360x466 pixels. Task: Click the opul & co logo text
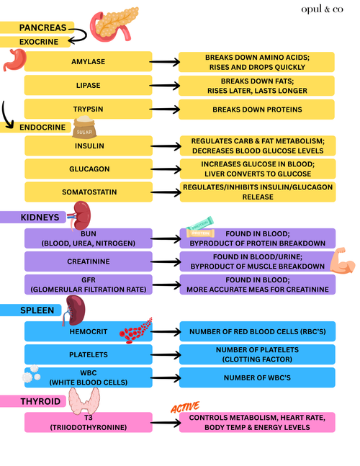pyautogui.click(x=322, y=9)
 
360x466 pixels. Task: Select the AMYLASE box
pyautogui.click(x=89, y=61)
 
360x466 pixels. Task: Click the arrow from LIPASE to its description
pyautogui.click(x=165, y=86)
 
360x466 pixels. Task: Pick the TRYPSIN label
pyautogui.click(x=89, y=109)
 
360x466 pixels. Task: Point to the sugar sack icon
pyautogui.click(x=84, y=127)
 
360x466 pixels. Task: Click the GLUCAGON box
pyautogui.click(x=89, y=169)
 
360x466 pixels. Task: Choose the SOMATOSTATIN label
pyautogui.click(x=89, y=192)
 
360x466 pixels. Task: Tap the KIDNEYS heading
pyautogui.click(x=40, y=218)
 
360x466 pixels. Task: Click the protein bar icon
pyautogui.click(x=200, y=227)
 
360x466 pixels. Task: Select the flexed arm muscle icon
pyautogui.click(x=343, y=260)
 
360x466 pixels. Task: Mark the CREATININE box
pyautogui.click(x=89, y=261)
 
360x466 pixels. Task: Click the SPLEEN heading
pyautogui.click(x=37, y=310)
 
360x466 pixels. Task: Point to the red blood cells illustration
pyautogui.click(x=135, y=331)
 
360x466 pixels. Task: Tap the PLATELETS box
pyautogui.click(x=89, y=354)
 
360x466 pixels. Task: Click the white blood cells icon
pyautogui.click(x=32, y=374)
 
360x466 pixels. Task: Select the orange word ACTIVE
pyautogui.click(x=185, y=407)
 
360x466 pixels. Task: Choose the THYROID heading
pyautogui.click(x=40, y=401)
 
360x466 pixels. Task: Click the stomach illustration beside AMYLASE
pyautogui.click(x=14, y=60)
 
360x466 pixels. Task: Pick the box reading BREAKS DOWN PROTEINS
pyautogui.click(x=256, y=109)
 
